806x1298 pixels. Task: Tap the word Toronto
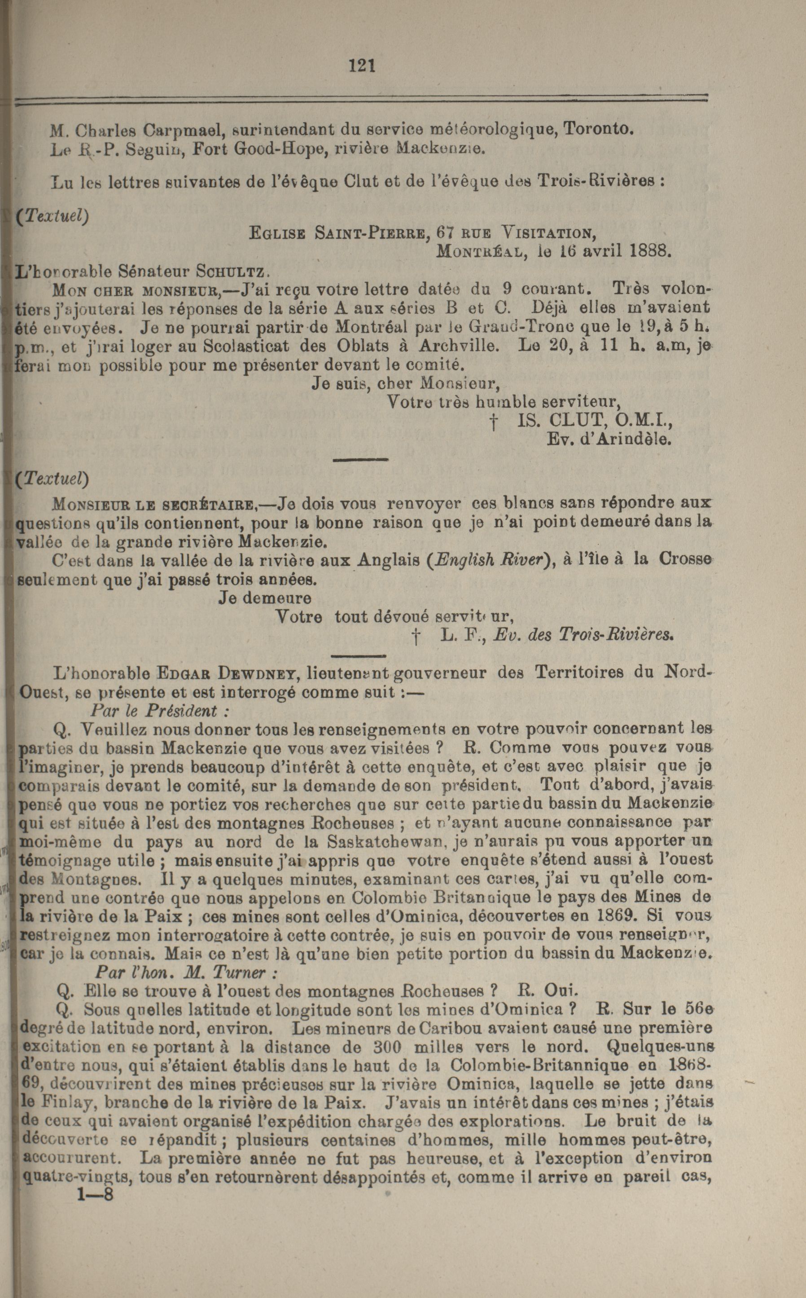[x=599, y=128]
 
